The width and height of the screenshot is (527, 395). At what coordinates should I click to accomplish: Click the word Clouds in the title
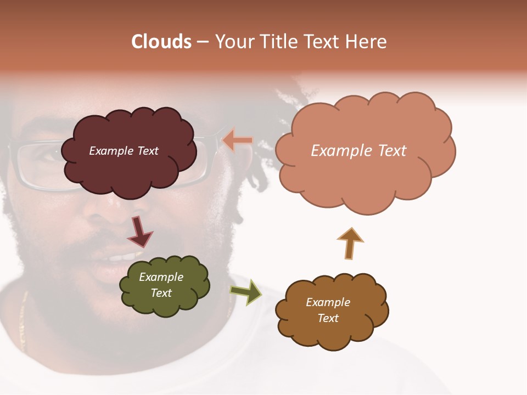tap(161, 42)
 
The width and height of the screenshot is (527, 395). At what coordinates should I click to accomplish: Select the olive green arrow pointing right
tap(246, 292)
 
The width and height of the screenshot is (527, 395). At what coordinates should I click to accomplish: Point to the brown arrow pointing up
tap(350, 242)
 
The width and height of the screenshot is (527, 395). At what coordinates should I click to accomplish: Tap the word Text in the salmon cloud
tap(390, 151)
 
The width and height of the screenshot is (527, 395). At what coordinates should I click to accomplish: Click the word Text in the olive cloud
tap(161, 293)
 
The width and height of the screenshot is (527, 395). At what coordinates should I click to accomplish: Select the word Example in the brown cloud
tap(328, 302)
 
